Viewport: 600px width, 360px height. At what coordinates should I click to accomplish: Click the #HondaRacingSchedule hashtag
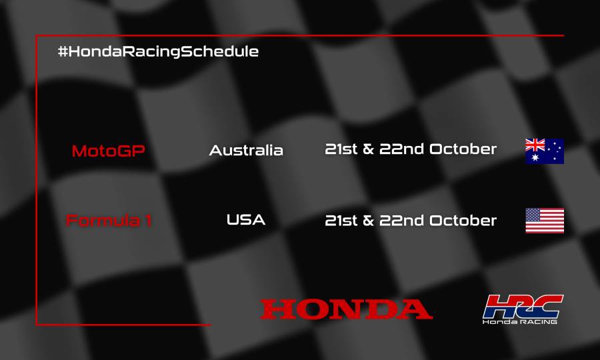click(158, 51)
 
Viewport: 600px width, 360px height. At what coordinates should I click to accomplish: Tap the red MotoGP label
click(108, 151)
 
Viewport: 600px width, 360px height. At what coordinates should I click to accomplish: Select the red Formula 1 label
click(109, 220)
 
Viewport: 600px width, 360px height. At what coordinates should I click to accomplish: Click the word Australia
click(246, 150)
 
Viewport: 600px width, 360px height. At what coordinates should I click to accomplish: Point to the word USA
click(246, 219)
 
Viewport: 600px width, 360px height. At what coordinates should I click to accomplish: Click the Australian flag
click(545, 151)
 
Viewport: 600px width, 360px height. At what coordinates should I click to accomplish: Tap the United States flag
click(545, 221)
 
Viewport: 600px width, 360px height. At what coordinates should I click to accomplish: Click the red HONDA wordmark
click(346, 309)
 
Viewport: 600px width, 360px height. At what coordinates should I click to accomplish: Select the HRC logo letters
click(523, 306)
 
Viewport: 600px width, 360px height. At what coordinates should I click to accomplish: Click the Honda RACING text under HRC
click(520, 322)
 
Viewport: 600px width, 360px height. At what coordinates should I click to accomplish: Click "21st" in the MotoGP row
click(341, 149)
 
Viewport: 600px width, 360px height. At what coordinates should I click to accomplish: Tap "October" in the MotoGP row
click(463, 149)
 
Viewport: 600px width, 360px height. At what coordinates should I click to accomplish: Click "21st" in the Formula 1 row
click(341, 220)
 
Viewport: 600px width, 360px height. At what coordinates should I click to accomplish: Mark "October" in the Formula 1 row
click(463, 220)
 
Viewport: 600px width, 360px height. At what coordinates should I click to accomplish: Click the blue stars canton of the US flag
click(533, 215)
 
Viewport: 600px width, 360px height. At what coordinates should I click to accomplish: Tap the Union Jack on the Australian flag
click(535, 145)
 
